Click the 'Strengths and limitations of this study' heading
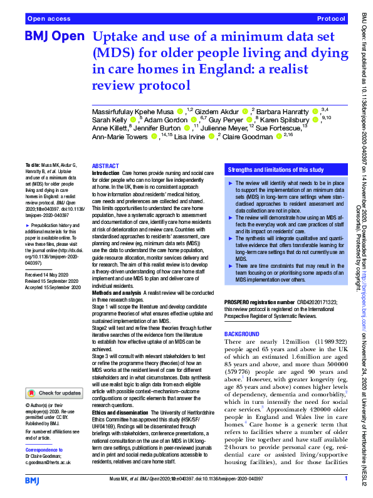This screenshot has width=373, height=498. tap(275, 170)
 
